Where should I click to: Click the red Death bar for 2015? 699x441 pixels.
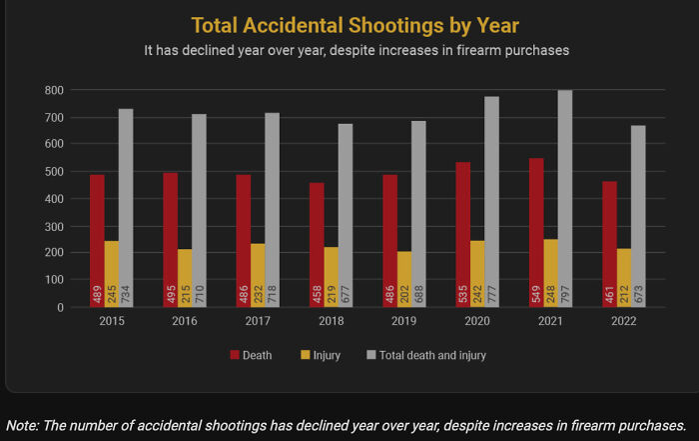point(97,241)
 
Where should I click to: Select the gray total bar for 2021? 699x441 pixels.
point(564,199)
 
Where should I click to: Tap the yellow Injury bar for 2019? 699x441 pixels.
point(403,279)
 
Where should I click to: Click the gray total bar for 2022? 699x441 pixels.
point(638,216)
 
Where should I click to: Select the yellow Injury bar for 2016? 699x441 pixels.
point(185,278)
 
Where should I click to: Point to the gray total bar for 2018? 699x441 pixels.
point(346,216)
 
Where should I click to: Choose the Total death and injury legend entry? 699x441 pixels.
point(426,355)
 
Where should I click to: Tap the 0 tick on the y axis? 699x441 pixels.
point(60,307)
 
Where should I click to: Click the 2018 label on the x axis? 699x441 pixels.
point(331,321)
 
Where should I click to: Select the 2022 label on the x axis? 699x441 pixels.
point(623,321)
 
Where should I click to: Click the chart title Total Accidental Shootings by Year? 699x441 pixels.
point(354,24)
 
